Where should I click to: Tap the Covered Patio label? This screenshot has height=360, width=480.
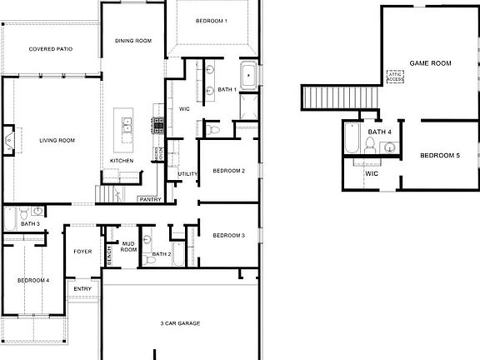[50, 49]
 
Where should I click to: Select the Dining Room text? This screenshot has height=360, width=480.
[132, 40]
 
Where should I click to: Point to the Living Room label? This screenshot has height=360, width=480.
[57, 140]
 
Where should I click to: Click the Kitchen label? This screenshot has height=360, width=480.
[122, 161]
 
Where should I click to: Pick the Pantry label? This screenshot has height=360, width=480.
[150, 199]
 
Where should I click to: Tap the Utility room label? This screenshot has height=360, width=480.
[188, 173]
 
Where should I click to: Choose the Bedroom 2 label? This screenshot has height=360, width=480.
[228, 171]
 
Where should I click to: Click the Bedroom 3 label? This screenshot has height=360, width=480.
[228, 236]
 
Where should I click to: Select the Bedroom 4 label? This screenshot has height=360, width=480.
[33, 281]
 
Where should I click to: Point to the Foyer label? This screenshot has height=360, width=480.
[82, 251]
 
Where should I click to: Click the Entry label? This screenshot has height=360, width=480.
[82, 289]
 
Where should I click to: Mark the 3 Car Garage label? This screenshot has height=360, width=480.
[179, 322]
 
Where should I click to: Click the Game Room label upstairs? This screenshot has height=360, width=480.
[430, 63]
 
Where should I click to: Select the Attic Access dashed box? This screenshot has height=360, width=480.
[395, 77]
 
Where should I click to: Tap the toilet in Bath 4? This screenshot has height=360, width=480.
[367, 145]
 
